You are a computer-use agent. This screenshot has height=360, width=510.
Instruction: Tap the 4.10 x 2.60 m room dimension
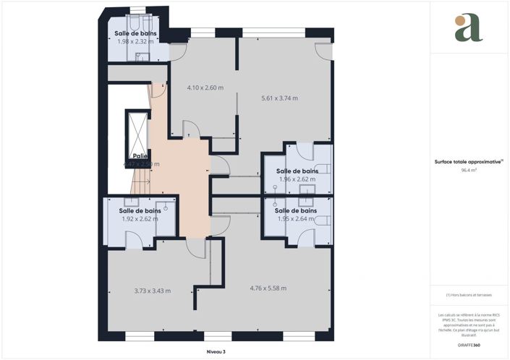(x=205, y=87)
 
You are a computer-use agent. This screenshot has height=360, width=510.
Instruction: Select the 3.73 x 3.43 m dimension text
(x=152, y=291)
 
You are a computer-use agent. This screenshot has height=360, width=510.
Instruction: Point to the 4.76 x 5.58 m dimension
(x=268, y=288)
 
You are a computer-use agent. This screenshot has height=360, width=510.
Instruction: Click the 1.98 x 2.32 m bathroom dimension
(x=136, y=41)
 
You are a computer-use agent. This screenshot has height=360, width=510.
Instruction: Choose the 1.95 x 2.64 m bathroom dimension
(x=297, y=218)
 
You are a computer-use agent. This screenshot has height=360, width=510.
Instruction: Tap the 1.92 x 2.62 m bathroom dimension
(x=140, y=218)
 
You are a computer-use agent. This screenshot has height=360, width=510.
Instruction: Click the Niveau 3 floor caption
(x=215, y=351)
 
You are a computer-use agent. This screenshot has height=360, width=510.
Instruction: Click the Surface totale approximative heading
(x=467, y=162)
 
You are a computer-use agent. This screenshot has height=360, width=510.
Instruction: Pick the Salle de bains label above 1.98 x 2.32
(x=136, y=33)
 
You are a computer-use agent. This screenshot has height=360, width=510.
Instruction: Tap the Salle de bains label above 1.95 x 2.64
(x=298, y=210)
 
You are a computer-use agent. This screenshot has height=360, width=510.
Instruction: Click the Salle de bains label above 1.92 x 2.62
(x=140, y=210)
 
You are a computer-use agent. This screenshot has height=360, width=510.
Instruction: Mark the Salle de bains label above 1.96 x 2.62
(x=298, y=171)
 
